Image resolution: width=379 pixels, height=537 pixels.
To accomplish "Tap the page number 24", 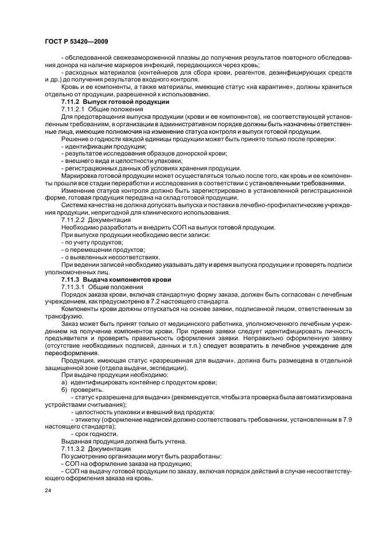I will click(47, 491).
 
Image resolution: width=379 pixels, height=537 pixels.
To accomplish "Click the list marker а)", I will click(64, 382).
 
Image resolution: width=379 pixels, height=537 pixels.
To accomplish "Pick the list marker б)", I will click(64, 389).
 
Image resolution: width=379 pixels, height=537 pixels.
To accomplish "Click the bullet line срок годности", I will click(94, 434).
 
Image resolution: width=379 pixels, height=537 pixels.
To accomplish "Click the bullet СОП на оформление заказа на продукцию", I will click(126, 463).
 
